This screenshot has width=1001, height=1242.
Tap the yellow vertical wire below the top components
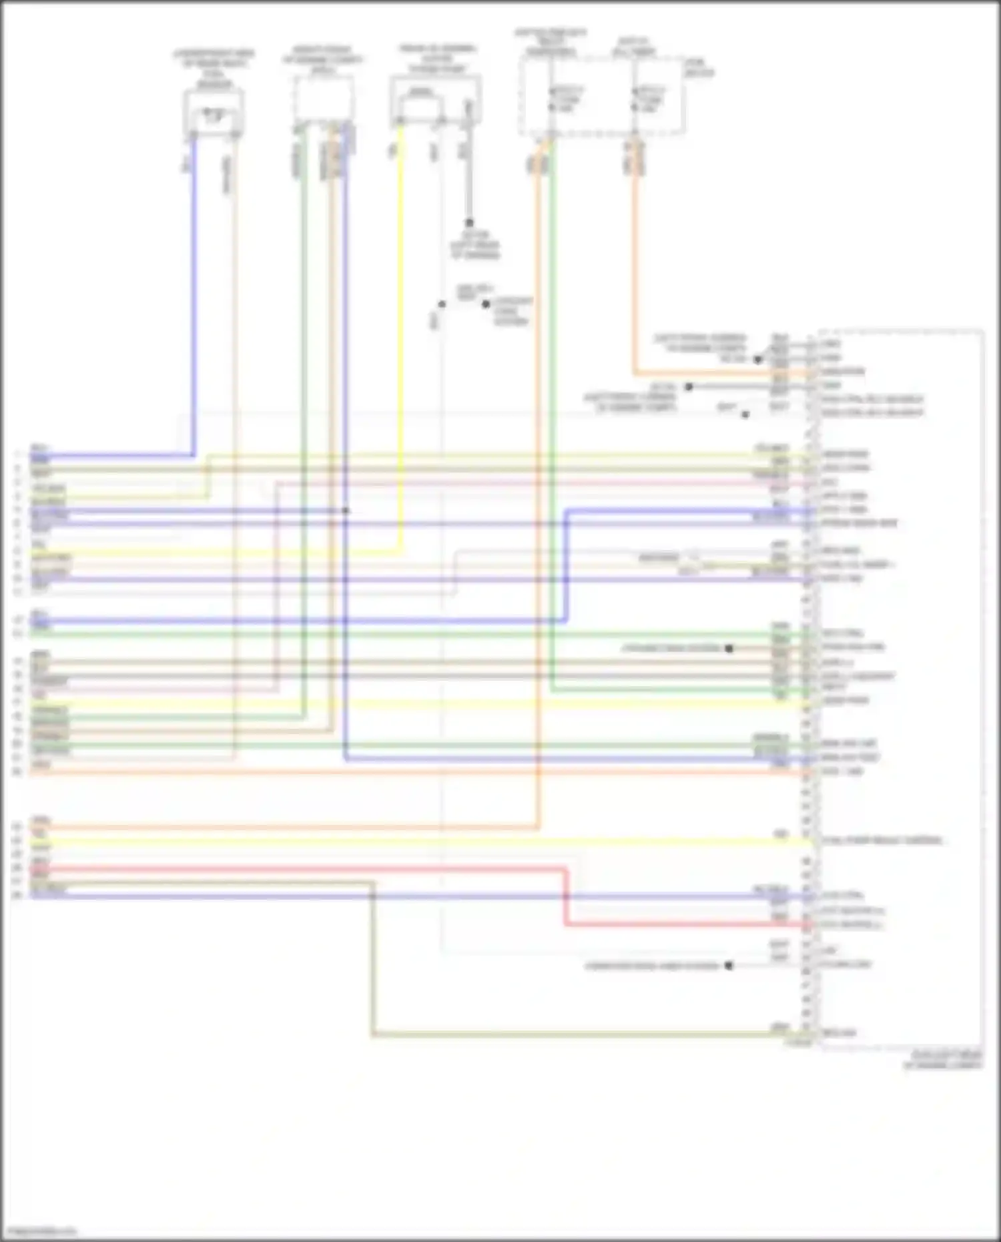[x=400, y=334]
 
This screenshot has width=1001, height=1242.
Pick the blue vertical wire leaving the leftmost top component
[x=194, y=300]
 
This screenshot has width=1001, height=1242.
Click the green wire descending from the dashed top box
[x=551, y=400]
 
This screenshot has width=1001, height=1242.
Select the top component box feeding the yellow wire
[x=435, y=100]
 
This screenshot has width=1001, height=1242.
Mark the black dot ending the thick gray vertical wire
[x=469, y=223]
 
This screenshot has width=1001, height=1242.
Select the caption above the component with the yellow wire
[x=437, y=59]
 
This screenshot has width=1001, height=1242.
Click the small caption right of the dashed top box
[x=699, y=67]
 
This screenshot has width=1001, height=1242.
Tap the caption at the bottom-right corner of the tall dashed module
[x=942, y=1060]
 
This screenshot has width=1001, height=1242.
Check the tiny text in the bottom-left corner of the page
[x=39, y=1230]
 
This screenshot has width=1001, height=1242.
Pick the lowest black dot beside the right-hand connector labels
[x=729, y=965]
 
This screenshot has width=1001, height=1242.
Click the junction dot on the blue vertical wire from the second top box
[x=346, y=511]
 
